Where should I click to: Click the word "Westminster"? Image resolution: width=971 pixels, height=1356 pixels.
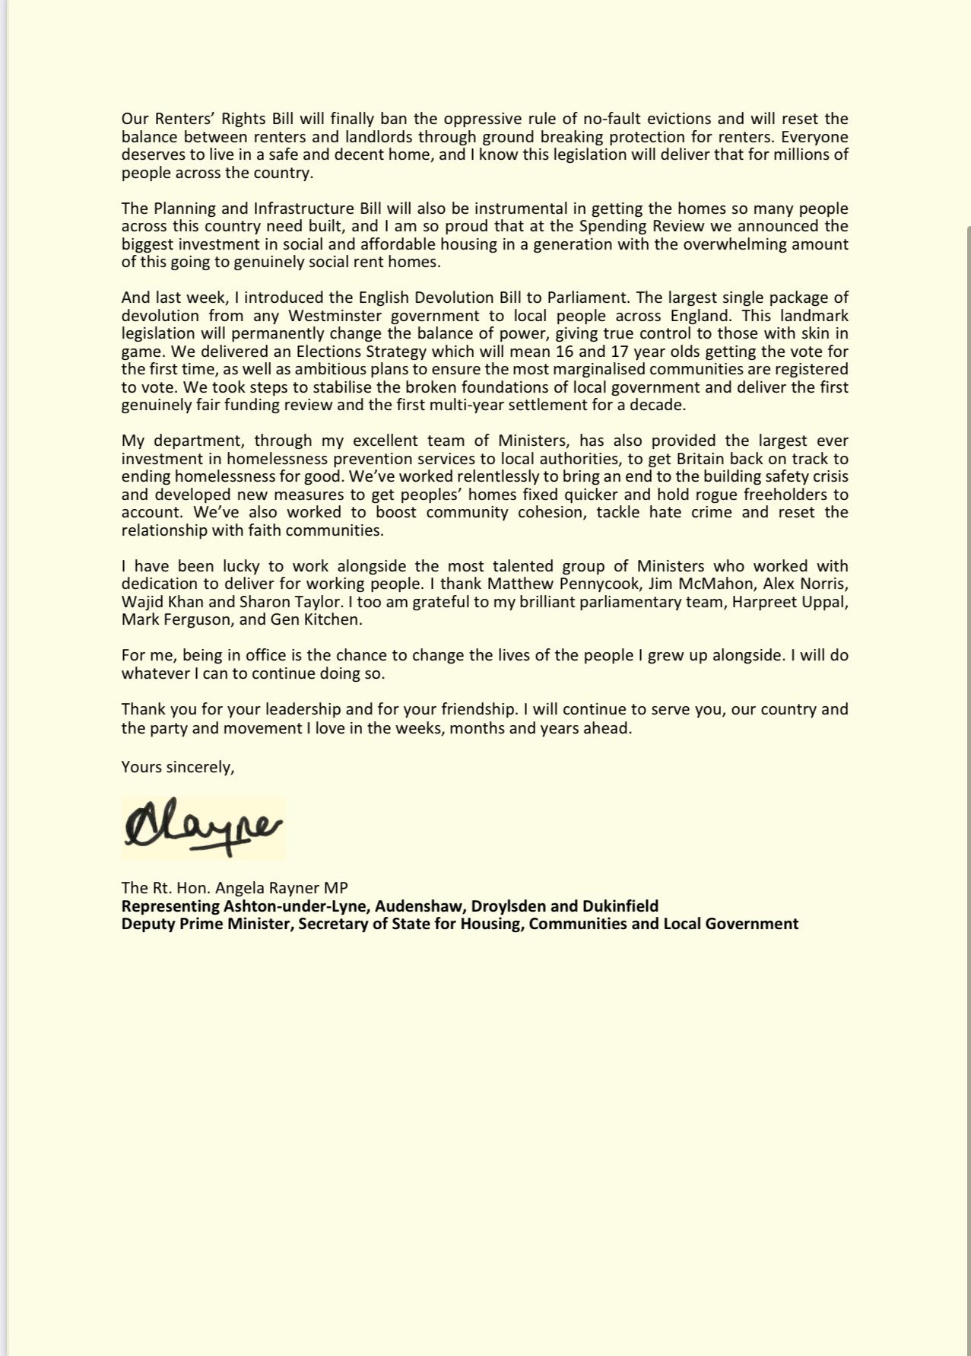(x=355, y=315)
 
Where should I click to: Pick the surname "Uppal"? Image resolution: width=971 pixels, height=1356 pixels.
(x=827, y=602)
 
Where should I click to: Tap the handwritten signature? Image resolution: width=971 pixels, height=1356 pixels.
(x=202, y=828)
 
